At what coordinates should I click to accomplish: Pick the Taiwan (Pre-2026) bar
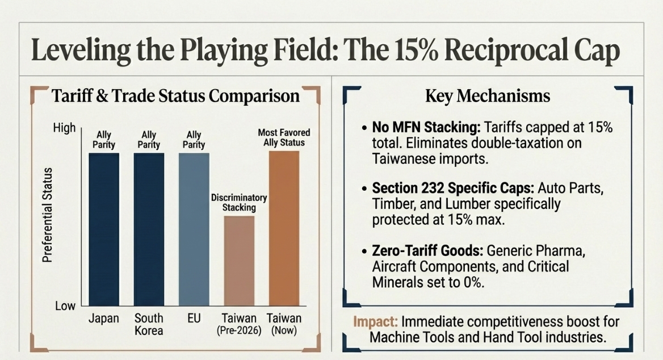click(239, 261)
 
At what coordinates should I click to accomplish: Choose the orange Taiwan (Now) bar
click(284, 229)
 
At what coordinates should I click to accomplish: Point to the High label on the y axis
click(64, 128)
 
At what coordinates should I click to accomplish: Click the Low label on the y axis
click(65, 306)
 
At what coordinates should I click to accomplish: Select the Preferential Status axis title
click(48, 215)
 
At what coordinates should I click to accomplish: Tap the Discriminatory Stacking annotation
click(239, 203)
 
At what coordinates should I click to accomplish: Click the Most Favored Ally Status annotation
click(284, 137)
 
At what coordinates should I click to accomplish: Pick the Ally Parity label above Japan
click(104, 140)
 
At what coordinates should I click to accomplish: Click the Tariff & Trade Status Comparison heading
click(175, 95)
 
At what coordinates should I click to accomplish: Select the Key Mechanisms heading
click(488, 96)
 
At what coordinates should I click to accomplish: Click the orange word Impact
click(372, 321)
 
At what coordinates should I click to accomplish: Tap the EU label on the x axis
click(194, 318)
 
